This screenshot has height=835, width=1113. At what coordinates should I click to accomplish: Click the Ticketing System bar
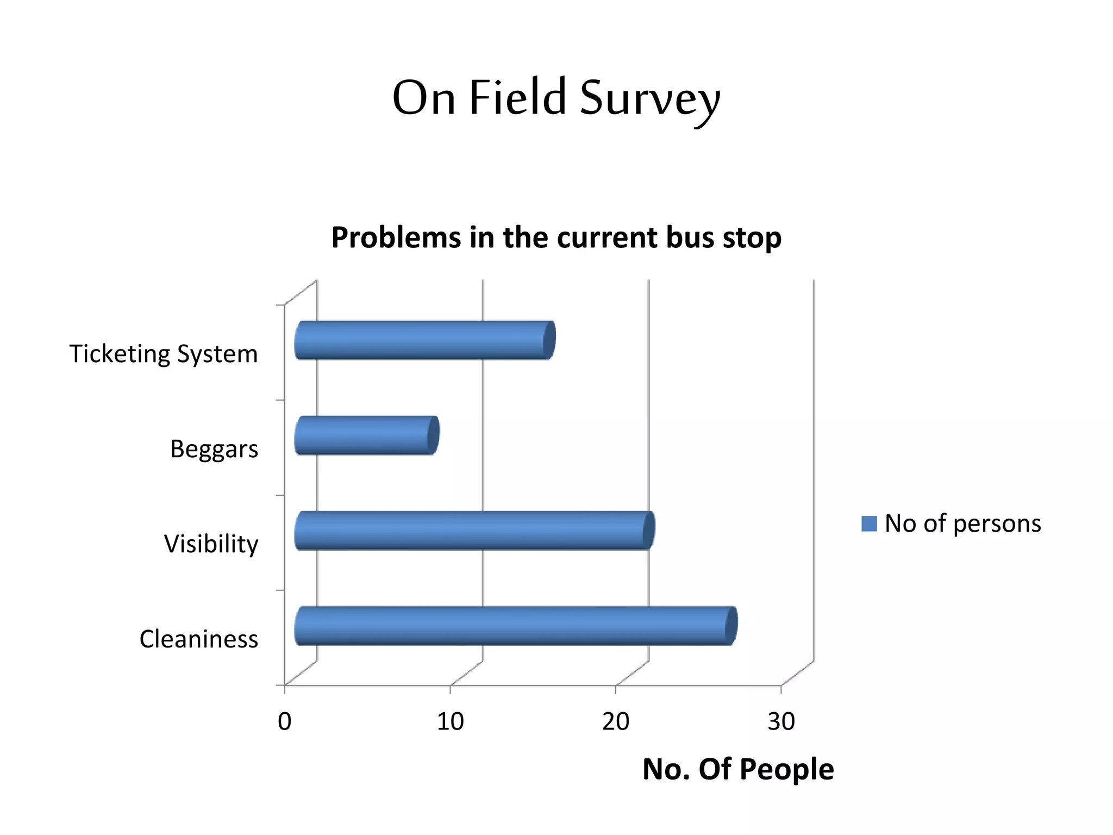(424, 340)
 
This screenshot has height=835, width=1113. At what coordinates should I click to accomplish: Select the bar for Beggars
(365, 435)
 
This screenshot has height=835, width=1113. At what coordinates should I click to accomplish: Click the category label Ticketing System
(163, 354)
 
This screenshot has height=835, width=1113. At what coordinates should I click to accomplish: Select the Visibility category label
(211, 544)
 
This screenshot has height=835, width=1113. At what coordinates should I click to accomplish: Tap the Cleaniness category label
(198, 639)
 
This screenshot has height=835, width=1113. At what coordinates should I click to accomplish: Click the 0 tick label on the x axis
(284, 722)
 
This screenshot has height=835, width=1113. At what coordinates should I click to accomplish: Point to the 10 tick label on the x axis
(450, 722)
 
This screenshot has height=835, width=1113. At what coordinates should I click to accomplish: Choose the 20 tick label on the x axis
(616, 722)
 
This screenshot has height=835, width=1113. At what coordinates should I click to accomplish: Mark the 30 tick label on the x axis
(781, 722)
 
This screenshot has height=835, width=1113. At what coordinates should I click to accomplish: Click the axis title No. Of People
(737, 769)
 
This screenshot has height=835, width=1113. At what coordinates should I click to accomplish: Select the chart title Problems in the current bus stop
(556, 238)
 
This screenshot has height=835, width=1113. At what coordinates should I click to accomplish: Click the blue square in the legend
(869, 524)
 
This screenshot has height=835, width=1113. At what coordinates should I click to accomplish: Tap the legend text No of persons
(962, 524)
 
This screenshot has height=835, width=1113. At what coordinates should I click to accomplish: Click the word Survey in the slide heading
(649, 99)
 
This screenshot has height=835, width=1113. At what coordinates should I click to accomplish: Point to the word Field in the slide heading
(517, 98)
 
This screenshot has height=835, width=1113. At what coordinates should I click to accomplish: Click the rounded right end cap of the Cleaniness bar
(731, 626)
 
